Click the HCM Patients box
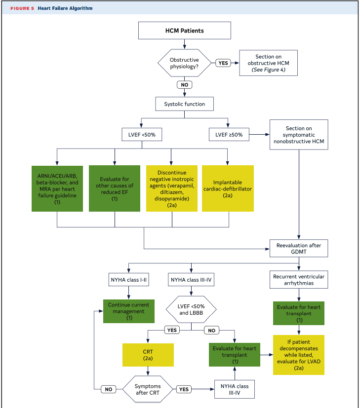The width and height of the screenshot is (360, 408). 184,31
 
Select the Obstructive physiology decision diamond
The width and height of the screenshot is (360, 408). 184,63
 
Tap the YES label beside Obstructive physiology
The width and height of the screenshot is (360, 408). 223,63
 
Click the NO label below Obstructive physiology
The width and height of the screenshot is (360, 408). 184,85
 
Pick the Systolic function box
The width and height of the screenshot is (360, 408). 184,104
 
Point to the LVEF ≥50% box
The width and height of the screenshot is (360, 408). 229,135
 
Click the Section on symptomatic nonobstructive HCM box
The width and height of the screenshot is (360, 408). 299,135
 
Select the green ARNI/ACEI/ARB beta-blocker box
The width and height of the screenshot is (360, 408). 57,188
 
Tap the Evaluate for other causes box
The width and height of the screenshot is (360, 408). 115,188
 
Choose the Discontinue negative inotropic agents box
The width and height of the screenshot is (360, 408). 172,188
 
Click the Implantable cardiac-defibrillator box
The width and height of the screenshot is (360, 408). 228,188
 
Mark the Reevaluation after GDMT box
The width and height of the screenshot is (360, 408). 299,249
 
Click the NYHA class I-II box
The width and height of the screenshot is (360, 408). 129,280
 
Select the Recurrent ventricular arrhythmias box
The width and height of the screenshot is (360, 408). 299,280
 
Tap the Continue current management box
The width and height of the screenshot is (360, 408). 129,311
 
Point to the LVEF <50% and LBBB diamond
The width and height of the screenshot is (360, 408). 191,310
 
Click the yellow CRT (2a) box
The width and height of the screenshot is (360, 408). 148,355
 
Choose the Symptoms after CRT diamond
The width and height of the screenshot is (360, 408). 148,389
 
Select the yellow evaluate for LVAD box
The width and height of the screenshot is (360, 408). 299,355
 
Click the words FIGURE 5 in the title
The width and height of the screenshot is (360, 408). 22,8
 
